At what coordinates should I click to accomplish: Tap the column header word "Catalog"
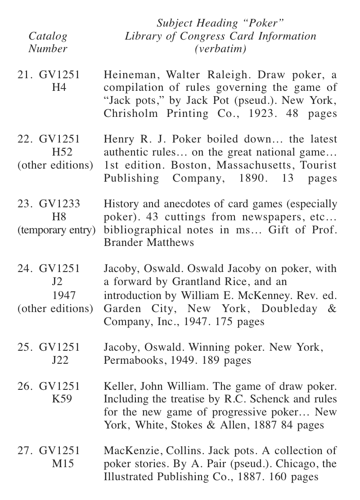pyautogui.click(x=48, y=36)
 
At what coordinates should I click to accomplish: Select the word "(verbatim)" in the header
pyautogui.click(x=220, y=49)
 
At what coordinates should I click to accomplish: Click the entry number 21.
pyautogui.click(x=23, y=75)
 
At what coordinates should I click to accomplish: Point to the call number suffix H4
pyautogui.click(x=59, y=88)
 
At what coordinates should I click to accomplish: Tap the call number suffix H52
pyautogui.click(x=59, y=152)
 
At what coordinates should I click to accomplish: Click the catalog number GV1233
pyautogui.click(x=59, y=204)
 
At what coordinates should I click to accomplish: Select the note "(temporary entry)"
pyautogui.click(x=57, y=230)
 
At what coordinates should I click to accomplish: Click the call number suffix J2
pyautogui.click(x=59, y=282)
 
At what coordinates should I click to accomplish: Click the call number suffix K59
pyautogui.click(x=59, y=399)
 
